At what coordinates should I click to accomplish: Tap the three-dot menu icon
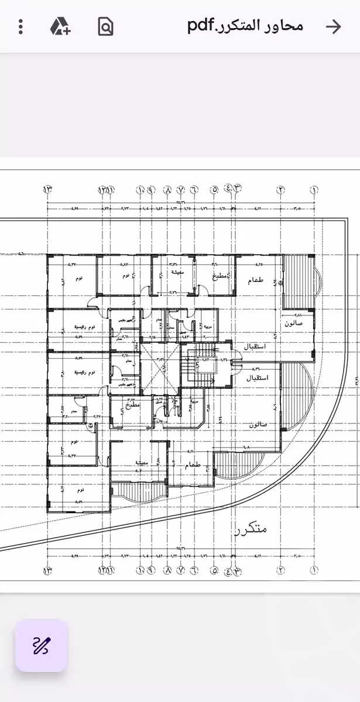pos(20,26)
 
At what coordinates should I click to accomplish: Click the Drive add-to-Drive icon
pos(60,26)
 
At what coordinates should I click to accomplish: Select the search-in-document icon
pos(105,26)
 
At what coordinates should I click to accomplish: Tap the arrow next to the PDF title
pos(333,26)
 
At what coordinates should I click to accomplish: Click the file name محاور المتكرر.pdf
pos(245,26)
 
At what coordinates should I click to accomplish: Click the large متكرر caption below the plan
pos(250,529)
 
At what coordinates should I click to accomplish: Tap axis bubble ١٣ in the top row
pos(47,189)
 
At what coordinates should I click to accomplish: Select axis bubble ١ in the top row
pos(314,189)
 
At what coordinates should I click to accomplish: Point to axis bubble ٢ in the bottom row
pos(281,570)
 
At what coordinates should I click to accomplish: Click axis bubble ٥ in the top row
pos(214,189)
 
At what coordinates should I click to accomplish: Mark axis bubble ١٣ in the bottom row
pos(47,570)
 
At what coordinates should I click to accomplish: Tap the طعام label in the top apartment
pos(256,281)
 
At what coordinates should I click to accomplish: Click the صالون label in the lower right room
pos(258,424)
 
